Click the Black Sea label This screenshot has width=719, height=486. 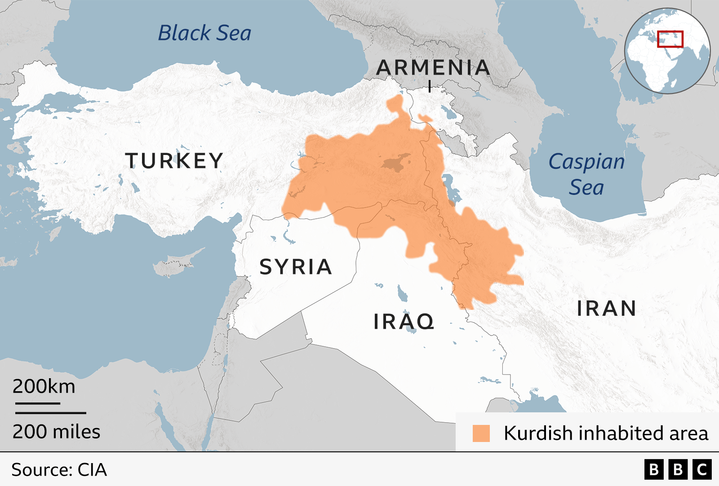(204, 33)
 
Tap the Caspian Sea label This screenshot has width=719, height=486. (586, 174)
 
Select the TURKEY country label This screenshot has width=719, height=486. (174, 161)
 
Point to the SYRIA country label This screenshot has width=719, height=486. (296, 267)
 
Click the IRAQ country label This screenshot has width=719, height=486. (404, 322)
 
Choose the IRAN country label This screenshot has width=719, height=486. (607, 309)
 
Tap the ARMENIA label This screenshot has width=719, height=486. (433, 68)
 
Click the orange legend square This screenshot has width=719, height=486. (481, 433)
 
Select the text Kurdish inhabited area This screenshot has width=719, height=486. (606, 433)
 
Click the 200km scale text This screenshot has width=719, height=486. (44, 386)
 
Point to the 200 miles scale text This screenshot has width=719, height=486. (56, 432)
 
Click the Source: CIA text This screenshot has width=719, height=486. (59, 470)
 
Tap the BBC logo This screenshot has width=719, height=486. (678, 469)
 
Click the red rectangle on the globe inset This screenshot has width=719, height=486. (670, 39)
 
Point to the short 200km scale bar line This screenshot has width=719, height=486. (38, 403)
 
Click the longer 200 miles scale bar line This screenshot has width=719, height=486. (51, 412)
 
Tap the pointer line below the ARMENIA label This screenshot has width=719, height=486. (430, 86)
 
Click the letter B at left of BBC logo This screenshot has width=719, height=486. (654, 469)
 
